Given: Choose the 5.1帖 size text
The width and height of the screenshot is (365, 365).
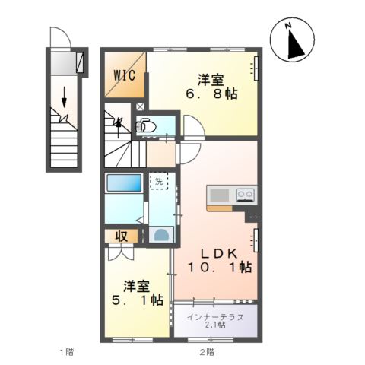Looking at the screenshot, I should pyautogui.click(x=137, y=300).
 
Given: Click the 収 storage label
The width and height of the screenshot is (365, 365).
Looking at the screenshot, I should pyautogui.click(x=121, y=236).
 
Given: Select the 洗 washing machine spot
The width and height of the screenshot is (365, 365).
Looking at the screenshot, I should pyautogui.click(x=160, y=182).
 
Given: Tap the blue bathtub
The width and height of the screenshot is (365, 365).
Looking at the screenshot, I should pyautogui.click(x=125, y=183).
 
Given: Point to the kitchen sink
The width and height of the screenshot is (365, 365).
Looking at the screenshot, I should pyautogui.click(x=220, y=194).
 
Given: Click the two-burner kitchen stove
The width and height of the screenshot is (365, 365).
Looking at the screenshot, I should pyautogui.click(x=245, y=194).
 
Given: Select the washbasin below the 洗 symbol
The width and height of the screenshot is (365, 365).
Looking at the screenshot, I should pyautogui.click(x=160, y=233).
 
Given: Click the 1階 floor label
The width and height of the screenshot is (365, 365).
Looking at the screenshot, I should pyautogui.click(x=67, y=352).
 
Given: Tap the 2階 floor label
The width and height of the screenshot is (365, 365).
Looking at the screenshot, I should pyautogui.click(x=206, y=352).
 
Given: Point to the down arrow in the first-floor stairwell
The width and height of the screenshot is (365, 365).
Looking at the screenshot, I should pyautogui.click(x=65, y=95).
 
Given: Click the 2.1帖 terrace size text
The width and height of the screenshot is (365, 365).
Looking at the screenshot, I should pyautogui.click(x=216, y=325).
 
